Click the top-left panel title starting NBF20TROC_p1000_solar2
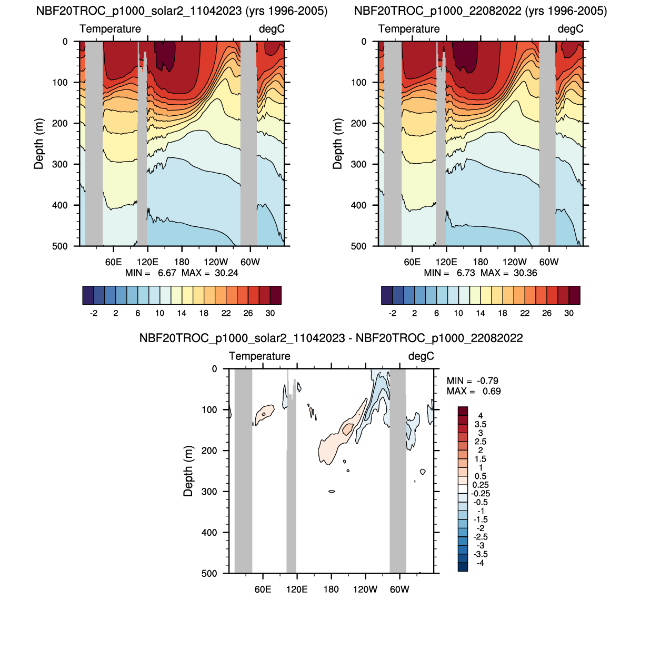point(182,11)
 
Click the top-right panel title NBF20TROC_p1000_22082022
point(480,11)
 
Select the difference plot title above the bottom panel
point(331,338)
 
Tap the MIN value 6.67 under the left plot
point(167,273)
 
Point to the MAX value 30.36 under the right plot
point(525,273)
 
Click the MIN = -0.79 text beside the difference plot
point(472,381)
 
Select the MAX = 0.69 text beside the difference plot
point(474,391)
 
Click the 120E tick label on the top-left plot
point(147,262)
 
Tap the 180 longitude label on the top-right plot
point(480,262)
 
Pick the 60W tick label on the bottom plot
point(399,589)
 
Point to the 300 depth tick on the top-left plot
point(59,164)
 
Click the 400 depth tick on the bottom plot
point(209,533)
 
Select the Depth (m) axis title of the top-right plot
point(337,144)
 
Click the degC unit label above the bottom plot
point(421,356)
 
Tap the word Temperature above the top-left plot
point(110,29)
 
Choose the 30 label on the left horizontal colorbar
point(270,313)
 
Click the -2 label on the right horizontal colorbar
point(392,313)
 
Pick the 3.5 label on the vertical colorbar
point(480,424)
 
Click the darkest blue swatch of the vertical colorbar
point(463,567)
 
